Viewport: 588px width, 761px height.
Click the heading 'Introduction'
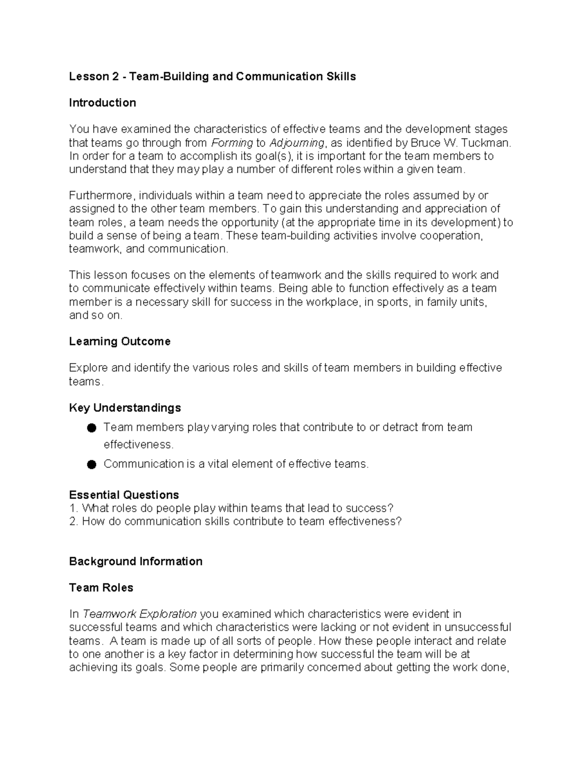tap(102, 103)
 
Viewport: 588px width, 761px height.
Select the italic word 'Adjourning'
tap(297, 143)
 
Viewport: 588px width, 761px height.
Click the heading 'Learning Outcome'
tap(120, 342)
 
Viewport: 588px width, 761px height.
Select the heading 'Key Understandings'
tap(125, 408)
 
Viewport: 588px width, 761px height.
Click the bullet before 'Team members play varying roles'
tap(91, 428)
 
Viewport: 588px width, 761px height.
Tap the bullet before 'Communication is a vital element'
tap(91, 465)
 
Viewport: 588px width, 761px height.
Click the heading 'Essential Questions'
tap(123, 494)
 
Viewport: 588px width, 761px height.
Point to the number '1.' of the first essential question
tap(73, 508)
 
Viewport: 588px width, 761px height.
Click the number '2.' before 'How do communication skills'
tap(73, 521)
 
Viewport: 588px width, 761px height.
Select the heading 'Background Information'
tap(136, 562)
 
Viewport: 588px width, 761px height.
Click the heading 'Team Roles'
tap(101, 588)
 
